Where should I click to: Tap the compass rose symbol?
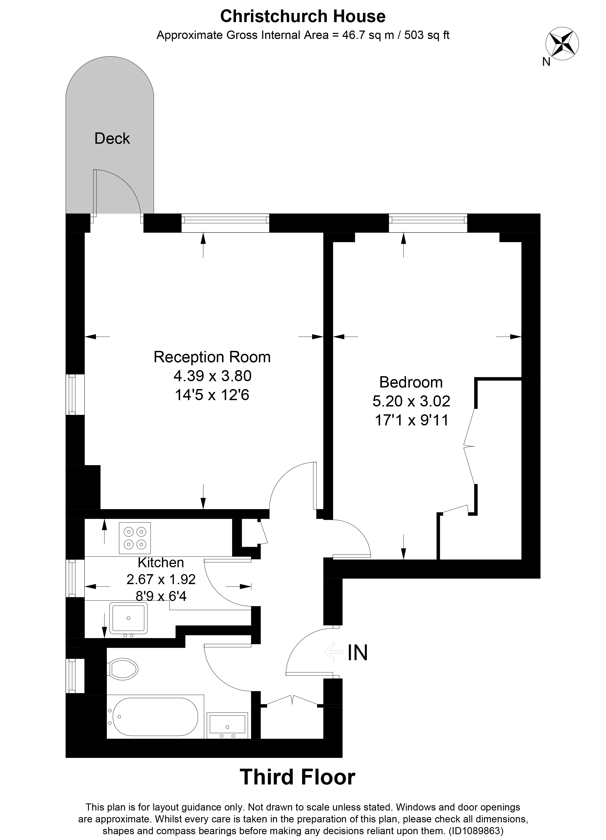[562, 44]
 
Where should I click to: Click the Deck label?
[112, 138]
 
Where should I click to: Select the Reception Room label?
[212, 357]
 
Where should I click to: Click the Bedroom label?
[411, 382]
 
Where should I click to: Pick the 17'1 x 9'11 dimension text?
[411, 420]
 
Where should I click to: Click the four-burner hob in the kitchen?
[135, 538]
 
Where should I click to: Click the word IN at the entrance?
[357, 653]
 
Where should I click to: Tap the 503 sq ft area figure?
[427, 35]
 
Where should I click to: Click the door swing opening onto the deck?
[118, 193]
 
